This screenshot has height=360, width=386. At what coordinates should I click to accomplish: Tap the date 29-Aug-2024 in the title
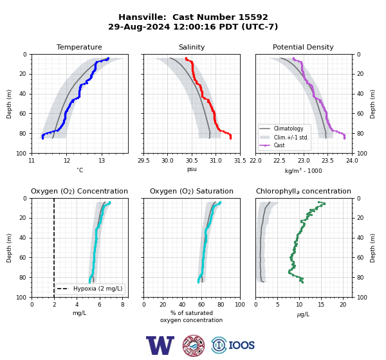[139, 26]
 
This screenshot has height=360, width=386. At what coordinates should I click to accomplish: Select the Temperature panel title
[79, 47]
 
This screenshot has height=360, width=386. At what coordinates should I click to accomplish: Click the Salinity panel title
[192, 47]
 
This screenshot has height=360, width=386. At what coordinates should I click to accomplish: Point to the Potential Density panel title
[303, 47]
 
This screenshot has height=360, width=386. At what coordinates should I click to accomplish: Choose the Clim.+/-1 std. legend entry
[284, 138]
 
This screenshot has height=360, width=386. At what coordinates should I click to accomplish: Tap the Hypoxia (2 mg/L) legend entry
[90, 289]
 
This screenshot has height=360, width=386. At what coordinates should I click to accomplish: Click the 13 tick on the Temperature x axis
[102, 161]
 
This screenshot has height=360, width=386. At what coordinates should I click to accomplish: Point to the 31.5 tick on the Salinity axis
[240, 161]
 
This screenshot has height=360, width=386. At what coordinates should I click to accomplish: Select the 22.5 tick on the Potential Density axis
[279, 161]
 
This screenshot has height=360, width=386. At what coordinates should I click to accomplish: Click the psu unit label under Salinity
[192, 170]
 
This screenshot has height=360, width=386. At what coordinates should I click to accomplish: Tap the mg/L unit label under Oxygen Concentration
[80, 313]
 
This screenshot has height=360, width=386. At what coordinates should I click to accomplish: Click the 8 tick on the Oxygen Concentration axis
[123, 305]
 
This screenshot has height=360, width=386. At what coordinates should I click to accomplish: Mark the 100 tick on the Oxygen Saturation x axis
[240, 305]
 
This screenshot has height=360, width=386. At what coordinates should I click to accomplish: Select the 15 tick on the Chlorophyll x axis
[321, 305]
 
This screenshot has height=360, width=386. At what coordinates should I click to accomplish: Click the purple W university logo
[160, 345]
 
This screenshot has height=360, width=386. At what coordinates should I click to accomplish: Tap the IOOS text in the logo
[241, 345]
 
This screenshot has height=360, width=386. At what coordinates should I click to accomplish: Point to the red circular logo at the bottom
[194, 345]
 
